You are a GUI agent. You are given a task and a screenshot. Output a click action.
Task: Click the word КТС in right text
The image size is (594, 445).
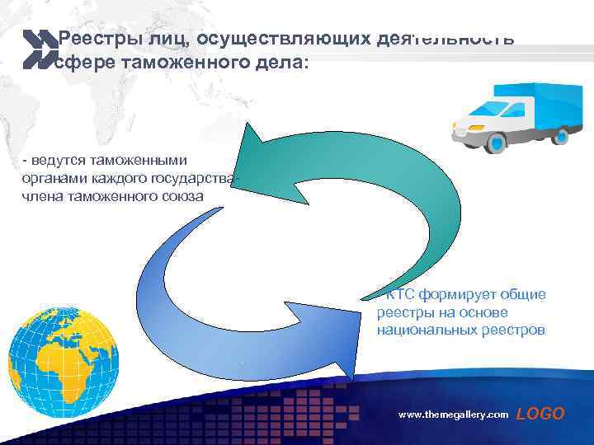point(400,295)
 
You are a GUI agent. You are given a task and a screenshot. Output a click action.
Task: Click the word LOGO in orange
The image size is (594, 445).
point(540,414)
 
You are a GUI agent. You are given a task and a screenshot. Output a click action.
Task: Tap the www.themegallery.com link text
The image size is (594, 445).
point(453,415)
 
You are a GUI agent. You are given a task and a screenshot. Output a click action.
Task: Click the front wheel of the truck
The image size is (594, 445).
point(495,143)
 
